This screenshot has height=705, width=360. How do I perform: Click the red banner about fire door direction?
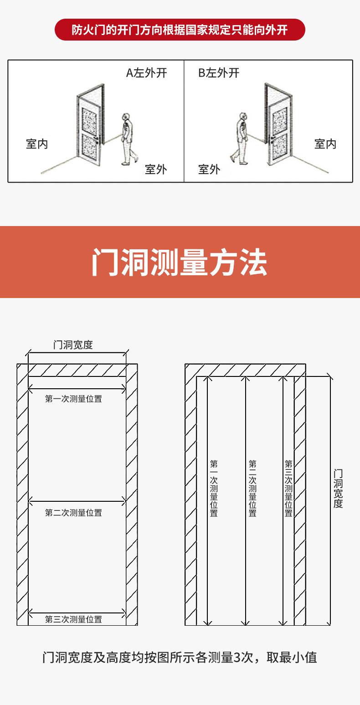click(x=180, y=30)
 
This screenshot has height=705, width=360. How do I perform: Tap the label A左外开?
click(x=146, y=73)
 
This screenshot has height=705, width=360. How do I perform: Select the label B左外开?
click(x=219, y=73)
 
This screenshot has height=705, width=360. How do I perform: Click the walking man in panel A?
click(x=127, y=139)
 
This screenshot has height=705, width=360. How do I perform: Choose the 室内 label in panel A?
click(x=37, y=144)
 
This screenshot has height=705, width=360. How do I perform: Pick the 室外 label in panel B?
click(x=209, y=170)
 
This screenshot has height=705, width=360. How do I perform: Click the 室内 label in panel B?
click(x=325, y=144)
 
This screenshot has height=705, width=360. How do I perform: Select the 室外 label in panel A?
click(x=156, y=170)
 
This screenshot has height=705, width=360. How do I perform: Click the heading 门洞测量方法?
click(x=180, y=262)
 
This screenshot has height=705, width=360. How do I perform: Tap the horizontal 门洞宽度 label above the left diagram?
click(x=73, y=345)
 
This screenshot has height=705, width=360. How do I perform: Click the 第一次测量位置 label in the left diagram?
click(x=73, y=399)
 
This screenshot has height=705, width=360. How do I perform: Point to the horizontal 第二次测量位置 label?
click(x=73, y=513)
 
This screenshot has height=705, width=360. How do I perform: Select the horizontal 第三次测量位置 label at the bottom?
click(x=73, y=619)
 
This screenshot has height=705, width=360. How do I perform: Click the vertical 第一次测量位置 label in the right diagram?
click(x=214, y=488)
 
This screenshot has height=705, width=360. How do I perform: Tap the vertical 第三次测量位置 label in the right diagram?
click(x=288, y=488)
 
